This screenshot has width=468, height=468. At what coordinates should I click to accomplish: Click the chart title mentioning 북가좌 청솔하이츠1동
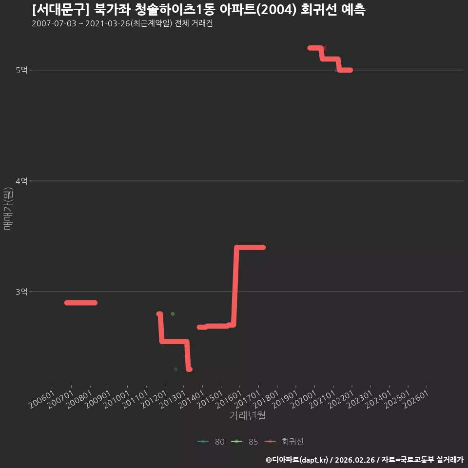(199, 10)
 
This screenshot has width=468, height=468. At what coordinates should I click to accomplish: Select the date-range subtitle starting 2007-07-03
(122, 23)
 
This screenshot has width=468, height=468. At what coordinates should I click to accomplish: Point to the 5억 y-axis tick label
(21, 70)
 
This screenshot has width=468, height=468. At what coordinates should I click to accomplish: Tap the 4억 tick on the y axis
(21, 181)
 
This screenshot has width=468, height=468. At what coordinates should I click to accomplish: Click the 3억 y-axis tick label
(21, 292)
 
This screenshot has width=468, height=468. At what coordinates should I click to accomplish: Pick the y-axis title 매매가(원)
(8, 209)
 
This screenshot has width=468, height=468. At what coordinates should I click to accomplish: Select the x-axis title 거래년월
(248, 415)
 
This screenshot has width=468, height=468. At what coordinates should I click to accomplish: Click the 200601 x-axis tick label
(42, 399)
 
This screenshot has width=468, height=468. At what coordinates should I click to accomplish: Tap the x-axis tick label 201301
(173, 399)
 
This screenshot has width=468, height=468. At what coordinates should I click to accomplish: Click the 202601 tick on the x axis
(416, 399)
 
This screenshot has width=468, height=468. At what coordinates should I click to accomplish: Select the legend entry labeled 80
(211, 442)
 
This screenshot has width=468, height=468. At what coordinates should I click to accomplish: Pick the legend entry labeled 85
(244, 442)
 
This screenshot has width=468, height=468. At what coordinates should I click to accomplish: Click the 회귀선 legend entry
(284, 442)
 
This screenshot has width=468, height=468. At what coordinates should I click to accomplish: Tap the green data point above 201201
(173, 313)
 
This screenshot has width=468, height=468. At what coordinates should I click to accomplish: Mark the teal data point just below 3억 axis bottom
(176, 369)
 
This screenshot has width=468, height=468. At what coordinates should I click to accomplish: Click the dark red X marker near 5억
(325, 48)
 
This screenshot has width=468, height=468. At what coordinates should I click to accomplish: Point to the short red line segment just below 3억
(81, 303)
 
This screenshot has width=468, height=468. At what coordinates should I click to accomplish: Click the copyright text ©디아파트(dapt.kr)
(297, 460)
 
